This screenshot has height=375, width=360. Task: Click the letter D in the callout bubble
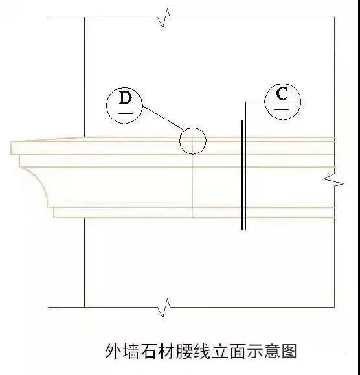pyautogui.click(x=126, y=97)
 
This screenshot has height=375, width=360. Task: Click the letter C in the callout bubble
pyautogui.click(x=282, y=94)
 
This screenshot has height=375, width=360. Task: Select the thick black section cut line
pyautogui.click(x=242, y=175)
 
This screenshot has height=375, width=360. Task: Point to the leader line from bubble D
pyautogui.click(x=164, y=118)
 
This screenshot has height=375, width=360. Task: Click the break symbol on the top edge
pyautogui.click(x=164, y=17)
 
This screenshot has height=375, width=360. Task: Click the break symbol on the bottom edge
pyautogui.click(x=164, y=308)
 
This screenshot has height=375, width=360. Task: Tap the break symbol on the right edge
pyautogui.click(x=333, y=179)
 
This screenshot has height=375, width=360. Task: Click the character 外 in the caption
pyautogui.click(x=114, y=351)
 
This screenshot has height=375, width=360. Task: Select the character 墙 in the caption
pyautogui.click(x=131, y=351)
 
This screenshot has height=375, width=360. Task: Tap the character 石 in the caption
pyautogui.click(x=149, y=351)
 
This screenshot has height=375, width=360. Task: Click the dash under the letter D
pyautogui.click(x=126, y=113)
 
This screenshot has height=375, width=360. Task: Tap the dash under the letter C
pyautogui.click(x=281, y=109)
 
